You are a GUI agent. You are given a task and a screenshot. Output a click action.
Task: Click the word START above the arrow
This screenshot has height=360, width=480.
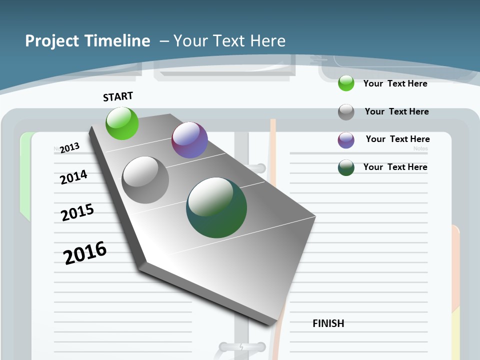[118, 96]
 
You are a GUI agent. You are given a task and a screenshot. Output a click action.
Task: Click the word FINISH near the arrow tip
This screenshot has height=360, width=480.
[328, 323]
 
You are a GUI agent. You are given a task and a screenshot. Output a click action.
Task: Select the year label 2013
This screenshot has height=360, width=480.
[70, 147]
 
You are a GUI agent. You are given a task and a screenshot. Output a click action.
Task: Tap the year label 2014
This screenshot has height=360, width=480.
[74, 177]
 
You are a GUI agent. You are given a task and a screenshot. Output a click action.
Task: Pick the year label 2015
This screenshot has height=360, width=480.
[77, 212]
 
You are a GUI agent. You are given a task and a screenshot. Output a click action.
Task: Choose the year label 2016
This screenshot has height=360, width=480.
[85, 252]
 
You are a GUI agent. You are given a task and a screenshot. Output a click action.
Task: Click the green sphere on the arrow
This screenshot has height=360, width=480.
[122, 123]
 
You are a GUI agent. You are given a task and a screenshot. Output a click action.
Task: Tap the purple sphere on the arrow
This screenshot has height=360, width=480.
[189, 140]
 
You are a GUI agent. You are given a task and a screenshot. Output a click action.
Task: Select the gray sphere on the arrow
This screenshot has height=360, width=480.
[145, 180]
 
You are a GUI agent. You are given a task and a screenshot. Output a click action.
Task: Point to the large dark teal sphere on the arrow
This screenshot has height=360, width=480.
[216, 207]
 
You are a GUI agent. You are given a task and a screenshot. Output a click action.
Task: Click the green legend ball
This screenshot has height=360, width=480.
[346, 83]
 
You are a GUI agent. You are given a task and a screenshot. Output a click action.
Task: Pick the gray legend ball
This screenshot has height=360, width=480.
[346, 112]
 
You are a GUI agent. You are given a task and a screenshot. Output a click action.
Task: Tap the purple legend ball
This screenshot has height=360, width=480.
[346, 140]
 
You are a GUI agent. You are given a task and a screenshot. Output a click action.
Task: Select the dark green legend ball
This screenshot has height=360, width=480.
[346, 167]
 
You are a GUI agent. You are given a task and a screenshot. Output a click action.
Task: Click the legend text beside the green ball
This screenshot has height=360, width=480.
[395, 83]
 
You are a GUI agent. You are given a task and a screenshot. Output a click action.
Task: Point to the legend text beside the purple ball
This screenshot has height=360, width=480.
[397, 139]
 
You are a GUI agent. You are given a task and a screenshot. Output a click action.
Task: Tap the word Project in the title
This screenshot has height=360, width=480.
[52, 41]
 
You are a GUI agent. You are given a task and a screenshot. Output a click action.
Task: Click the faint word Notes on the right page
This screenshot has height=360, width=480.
[420, 148]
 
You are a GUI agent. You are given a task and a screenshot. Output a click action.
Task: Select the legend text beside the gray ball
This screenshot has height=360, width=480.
[396, 111]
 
